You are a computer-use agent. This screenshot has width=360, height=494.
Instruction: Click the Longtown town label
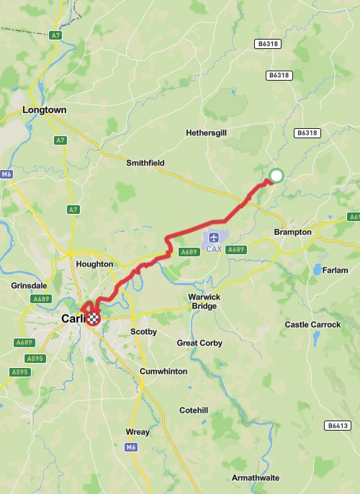pos(44,110)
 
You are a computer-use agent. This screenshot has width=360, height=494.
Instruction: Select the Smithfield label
pos(145,163)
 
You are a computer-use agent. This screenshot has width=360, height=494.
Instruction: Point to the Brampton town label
pos(293,233)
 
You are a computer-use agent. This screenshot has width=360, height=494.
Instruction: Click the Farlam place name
pos(335,270)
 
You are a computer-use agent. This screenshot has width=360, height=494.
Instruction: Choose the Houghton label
pos(94,264)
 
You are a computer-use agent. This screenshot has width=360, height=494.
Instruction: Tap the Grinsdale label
pos(29,285)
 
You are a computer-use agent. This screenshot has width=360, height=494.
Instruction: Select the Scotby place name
pos(143,332)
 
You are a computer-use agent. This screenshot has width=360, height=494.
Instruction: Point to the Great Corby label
pos(199,343)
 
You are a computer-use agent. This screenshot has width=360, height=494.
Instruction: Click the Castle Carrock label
pos(312,325)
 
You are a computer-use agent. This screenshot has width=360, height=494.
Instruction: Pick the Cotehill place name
pos(194,410)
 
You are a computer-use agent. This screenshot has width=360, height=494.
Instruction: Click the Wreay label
pos(138,433)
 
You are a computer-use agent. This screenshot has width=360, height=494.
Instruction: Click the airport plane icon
pos(214,237)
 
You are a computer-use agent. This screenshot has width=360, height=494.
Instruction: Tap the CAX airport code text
pos(214,250)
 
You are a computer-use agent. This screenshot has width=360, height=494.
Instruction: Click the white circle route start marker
pos(276,175)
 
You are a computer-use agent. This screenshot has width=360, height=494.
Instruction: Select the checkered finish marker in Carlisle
pos(93,319)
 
